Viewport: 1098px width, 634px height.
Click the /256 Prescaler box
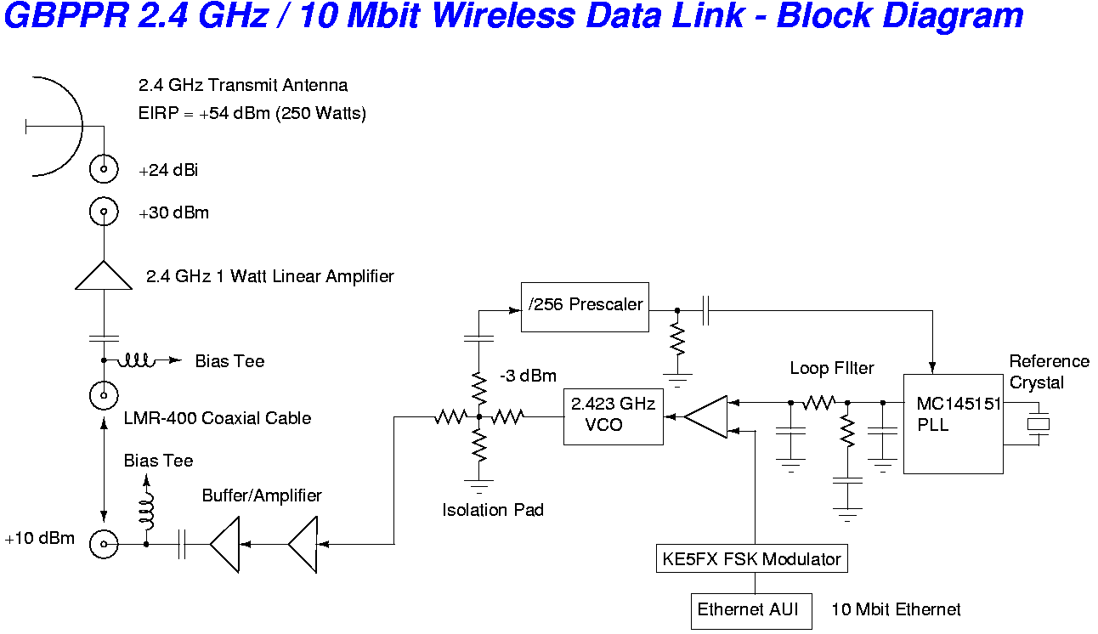(585, 306)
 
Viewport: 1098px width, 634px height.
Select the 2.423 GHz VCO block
(613, 416)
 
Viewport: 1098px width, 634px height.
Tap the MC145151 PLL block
(953, 423)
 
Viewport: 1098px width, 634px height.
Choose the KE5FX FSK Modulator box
(752, 558)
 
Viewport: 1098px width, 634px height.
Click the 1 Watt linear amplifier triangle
(104, 276)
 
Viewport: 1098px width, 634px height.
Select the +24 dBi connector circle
(104, 169)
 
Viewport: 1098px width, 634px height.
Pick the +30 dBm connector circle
(104, 212)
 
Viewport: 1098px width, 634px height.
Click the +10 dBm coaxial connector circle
(104, 544)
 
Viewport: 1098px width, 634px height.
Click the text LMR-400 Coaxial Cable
(218, 418)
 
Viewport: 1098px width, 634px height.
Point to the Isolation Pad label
(493, 510)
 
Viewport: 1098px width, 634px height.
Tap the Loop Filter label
(832, 368)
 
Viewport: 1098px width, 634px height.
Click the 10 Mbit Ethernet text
(896, 609)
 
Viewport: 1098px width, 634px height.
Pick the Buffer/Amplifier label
(262, 495)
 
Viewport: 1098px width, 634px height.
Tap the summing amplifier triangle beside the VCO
(707, 416)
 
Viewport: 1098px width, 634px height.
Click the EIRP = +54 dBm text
(252, 113)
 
